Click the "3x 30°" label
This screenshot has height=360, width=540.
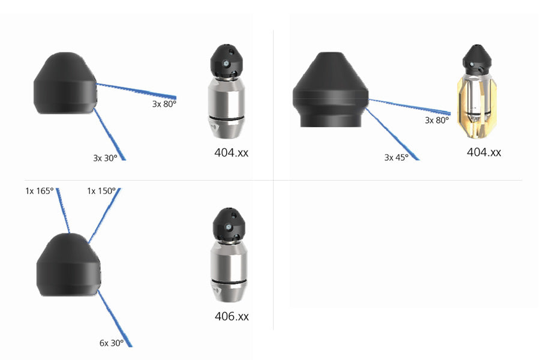pos(106,158)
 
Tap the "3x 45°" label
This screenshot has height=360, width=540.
pos(397,157)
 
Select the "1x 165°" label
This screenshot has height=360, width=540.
pos(40,191)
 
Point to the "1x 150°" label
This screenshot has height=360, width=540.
pos(101,191)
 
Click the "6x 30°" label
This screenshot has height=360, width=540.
pos(112,343)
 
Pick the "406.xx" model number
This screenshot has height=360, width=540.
pos(232,316)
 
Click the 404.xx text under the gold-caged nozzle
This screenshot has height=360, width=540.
pos(484,152)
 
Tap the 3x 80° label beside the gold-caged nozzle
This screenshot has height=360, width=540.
pos(437,120)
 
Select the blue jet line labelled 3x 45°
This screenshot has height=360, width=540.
pos(392,134)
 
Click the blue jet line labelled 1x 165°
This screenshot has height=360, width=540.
pos(64,211)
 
